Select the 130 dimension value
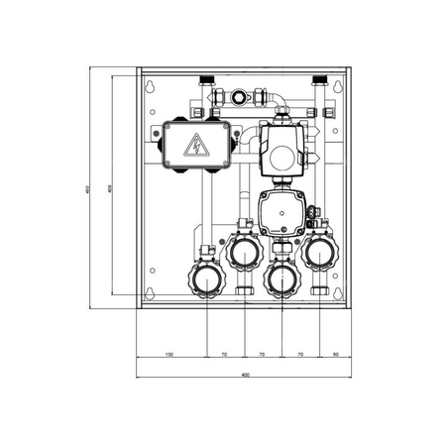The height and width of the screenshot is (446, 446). [x=169, y=353]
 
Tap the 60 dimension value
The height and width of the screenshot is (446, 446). [x=336, y=353]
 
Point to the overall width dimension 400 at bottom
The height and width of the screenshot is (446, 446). [x=244, y=375]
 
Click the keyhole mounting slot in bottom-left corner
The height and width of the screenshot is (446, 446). [x=150, y=294]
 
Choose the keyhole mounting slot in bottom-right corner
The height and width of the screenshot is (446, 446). [x=340, y=294]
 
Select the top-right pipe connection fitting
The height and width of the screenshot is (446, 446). [x=320, y=78]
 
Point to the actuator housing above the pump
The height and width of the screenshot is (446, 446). [x=280, y=149]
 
